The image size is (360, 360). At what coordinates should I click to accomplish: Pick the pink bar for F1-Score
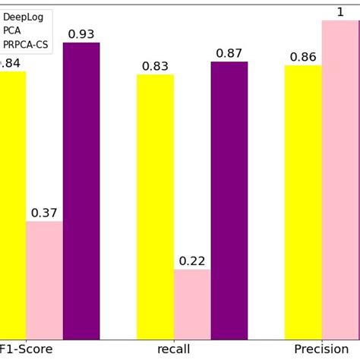coord(44,280)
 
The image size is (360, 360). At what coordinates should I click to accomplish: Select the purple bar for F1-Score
coord(81,191)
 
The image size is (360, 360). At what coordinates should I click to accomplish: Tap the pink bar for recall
coord(192,304)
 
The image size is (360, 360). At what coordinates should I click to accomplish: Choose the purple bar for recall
coord(229,201)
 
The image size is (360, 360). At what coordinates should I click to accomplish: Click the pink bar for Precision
coord(340,179)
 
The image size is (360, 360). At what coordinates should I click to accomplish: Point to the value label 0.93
coord(81,34)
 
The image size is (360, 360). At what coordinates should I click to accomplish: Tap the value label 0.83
coord(155,66)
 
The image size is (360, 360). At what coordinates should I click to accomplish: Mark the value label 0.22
coord(192,261)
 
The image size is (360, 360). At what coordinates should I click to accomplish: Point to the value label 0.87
coord(229,53)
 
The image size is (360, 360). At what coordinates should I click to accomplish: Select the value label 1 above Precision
coord(340,11)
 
